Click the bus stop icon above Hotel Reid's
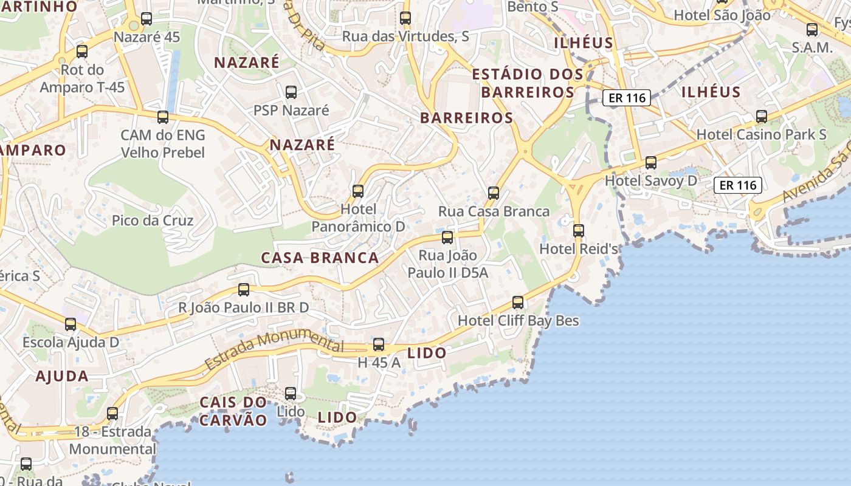[x=579, y=231]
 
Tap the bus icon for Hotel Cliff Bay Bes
[x=518, y=302]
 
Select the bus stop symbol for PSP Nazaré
[x=291, y=92]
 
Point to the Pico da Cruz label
[x=153, y=221]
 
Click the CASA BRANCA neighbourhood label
[x=320, y=258]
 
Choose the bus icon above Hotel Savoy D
[x=651, y=163]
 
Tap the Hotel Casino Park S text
[x=761, y=134]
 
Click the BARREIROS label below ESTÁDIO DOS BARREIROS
[x=467, y=118]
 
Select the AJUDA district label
[x=62, y=376]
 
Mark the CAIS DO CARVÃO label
[x=233, y=411]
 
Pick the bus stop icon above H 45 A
[x=379, y=344]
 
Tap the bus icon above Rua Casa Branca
[x=494, y=193]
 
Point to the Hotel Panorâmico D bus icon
[x=358, y=191]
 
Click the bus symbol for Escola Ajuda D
[x=71, y=324]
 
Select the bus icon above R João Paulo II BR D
[x=244, y=290]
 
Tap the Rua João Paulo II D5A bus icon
[x=447, y=238]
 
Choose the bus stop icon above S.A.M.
[x=812, y=30]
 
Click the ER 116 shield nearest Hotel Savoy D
[x=738, y=185]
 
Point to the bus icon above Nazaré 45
[x=146, y=19]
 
